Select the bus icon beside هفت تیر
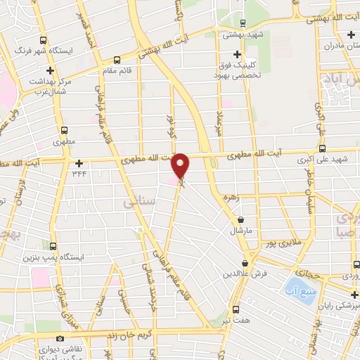[x=235, y=309]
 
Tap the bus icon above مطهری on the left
[x=64, y=130]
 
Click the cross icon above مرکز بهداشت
[x=51, y=71]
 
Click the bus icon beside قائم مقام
[x=117, y=59]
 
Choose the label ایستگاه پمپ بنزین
[x=60, y=257]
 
